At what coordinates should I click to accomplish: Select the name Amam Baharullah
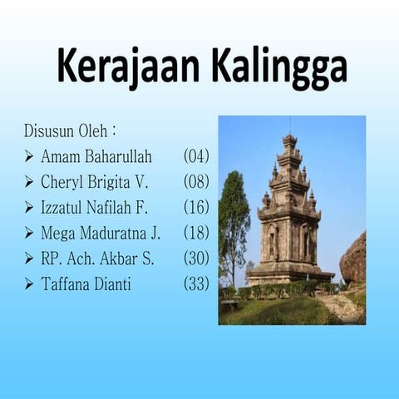pyautogui.click(x=96, y=155)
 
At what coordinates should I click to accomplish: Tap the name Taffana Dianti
pyautogui.click(x=86, y=284)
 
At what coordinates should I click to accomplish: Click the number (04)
pyautogui.click(x=196, y=155)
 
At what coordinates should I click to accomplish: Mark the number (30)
pyautogui.click(x=196, y=259)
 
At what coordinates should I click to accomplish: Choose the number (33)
pyautogui.click(x=196, y=284)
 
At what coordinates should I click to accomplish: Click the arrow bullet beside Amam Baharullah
pyautogui.click(x=29, y=156)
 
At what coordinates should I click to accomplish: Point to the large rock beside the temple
pyautogui.click(x=353, y=260)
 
